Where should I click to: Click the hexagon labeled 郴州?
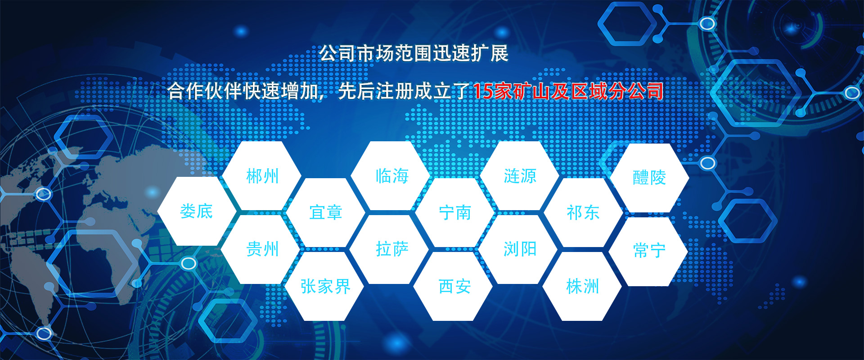coord(262,175)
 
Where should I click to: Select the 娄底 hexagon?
coord(197,211)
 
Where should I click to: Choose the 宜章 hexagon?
coord(326,212)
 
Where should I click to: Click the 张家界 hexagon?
coord(325,286)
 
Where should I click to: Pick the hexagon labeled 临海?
coord(391,175)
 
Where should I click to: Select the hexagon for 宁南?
coord(455,212)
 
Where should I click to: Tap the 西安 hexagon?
coord(454,286)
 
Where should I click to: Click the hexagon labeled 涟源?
coord(520,175)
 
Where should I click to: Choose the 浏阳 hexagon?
coord(519,249)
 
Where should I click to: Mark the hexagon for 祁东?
coord(584,212)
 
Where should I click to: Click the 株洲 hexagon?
coord(582,286)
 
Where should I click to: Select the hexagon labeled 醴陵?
coord(649,178)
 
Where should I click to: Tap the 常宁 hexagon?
coord(648,251)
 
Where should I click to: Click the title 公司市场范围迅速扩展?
coord(414,54)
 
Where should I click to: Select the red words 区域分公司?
coord(617,91)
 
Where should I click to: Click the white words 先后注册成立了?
coord(404,91)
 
